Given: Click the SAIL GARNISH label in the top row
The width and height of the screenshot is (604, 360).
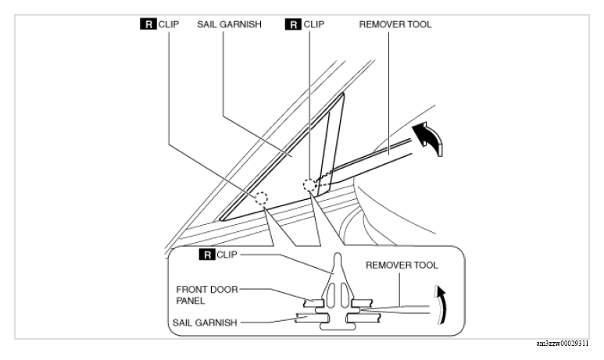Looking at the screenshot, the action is click(x=229, y=24).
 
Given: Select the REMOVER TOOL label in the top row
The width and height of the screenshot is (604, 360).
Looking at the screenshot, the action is click(x=395, y=24).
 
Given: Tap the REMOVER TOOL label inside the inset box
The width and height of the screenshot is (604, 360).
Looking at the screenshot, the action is click(x=402, y=265).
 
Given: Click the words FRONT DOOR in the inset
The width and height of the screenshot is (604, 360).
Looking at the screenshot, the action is click(x=207, y=289).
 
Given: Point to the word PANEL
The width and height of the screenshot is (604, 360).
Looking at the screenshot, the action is click(x=191, y=301).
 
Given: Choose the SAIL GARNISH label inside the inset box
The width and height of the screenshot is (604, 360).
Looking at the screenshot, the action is click(x=205, y=323).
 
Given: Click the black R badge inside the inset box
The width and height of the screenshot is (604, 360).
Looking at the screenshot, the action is click(x=207, y=255).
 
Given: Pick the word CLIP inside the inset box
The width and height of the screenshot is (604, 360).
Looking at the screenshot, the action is click(x=227, y=255).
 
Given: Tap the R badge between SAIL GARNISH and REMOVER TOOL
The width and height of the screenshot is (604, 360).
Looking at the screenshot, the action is click(x=293, y=24).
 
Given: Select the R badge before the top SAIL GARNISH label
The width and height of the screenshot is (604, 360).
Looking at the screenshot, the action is click(x=148, y=24).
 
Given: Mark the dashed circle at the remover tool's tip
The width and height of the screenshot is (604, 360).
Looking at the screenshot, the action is click(x=309, y=185).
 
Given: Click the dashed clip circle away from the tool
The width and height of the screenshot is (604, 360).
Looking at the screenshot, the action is click(x=261, y=198).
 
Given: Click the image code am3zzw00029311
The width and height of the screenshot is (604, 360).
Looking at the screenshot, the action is click(x=562, y=344).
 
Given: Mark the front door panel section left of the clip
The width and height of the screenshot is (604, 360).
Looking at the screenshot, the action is click(x=313, y=303).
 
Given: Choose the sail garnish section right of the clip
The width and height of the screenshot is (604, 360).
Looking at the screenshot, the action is click(x=363, y=318).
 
